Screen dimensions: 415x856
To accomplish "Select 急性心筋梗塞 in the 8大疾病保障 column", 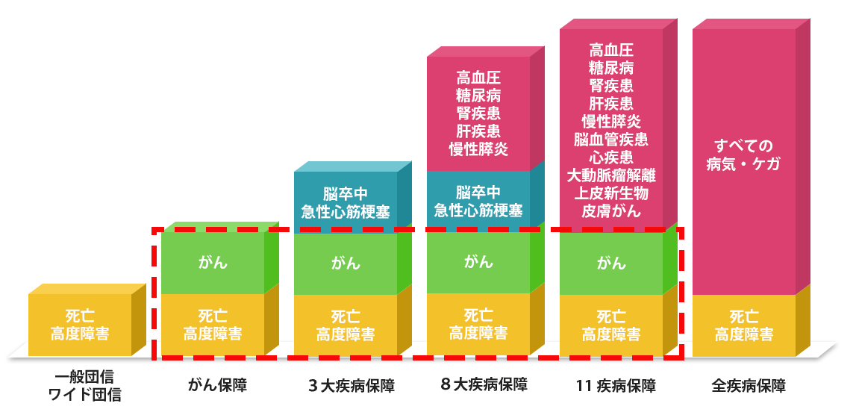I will click(x=478, y=210).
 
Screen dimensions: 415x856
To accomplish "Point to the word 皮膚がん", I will click(x=611, y=210).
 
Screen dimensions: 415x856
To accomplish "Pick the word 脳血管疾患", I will click(x=611, y=140).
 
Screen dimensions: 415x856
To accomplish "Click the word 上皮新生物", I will click(x=611, y=193).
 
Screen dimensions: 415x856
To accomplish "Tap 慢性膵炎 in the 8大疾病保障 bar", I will click(x=478, y=149).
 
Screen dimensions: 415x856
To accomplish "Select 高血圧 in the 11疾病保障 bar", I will click(x=611, y=51).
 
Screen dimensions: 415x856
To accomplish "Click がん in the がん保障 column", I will click(x=213, y=263).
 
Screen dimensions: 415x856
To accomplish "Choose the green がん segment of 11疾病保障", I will click(x=611, y=263).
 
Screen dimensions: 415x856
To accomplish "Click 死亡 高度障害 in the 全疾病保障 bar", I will click(x=743, y=325).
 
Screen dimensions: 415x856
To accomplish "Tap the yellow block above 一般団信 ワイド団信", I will click(x=80, y=325).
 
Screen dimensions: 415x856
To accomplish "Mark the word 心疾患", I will click(x=611, y=157).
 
